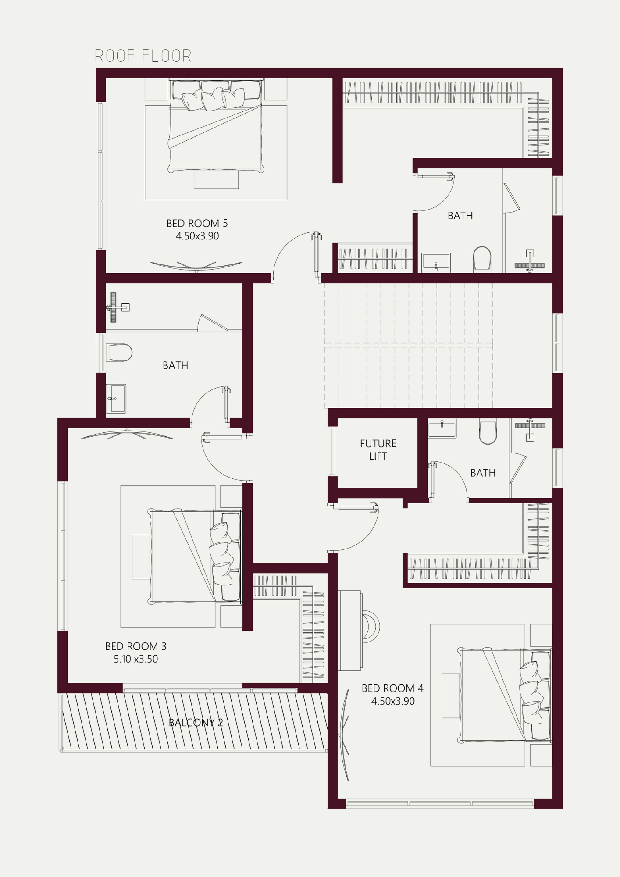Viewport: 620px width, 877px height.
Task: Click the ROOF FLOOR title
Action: tap(143, 56)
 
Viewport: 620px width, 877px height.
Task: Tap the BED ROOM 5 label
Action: tap(197, 223)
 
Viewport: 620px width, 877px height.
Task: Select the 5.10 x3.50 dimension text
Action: tap(136, 659)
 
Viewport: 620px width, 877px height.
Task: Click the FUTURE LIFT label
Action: tap(378, 450)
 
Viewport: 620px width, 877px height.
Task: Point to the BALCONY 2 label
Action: tap(196, 723)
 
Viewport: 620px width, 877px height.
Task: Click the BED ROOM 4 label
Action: tap(392, 688)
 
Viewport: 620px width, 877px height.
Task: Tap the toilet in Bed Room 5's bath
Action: tap(482, 259)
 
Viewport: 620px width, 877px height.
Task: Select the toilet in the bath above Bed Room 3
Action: tap(119, 353)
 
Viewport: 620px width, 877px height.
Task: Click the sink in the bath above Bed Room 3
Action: tap(116, 399)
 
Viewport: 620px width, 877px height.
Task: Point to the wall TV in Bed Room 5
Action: tap(196, 266)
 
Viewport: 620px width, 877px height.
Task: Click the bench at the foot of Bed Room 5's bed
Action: tap(216, 179)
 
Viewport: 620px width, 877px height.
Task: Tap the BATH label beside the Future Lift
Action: tap(483, 473)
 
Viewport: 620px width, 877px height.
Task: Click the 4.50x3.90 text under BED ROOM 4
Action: tap(393, 701)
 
